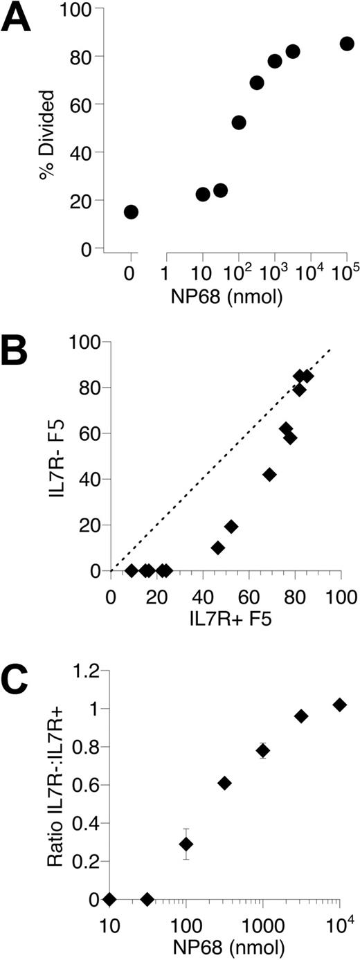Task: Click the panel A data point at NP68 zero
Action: [131, 212]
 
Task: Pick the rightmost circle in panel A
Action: [347, 44]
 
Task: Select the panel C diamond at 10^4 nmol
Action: [339, 705]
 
